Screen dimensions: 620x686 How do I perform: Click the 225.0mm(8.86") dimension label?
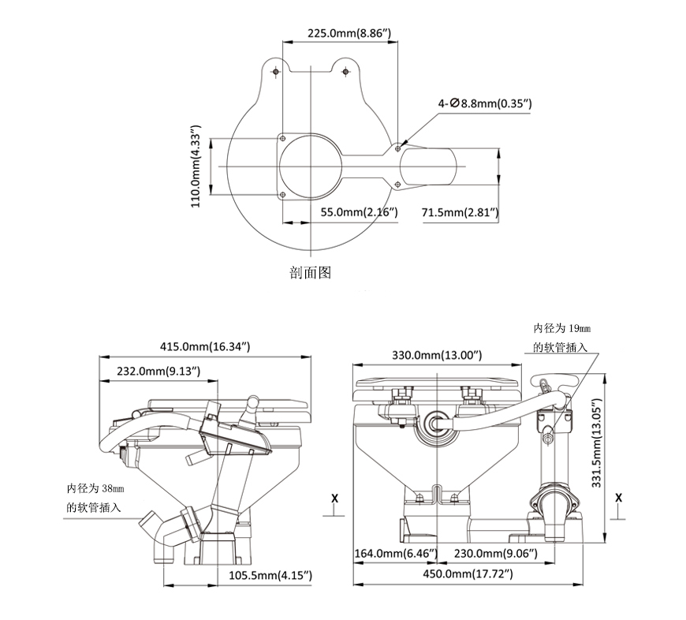coord(348,33)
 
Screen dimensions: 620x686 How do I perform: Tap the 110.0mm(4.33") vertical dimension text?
coord(197,166)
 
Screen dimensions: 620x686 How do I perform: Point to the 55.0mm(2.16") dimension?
coord(359,212)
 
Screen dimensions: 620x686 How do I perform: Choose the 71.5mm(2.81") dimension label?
coord(460,212)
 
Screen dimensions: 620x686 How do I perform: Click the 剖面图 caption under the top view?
coord(310,273)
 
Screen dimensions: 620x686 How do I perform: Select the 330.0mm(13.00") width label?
coord(437,356)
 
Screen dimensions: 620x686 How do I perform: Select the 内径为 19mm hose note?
coord(561,337)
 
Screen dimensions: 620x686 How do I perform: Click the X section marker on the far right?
coord(618,499)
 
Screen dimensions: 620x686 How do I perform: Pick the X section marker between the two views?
coord(335,499)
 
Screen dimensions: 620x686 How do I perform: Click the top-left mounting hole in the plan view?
coord(275,73)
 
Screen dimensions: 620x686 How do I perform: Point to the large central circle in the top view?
coord(312,166)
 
